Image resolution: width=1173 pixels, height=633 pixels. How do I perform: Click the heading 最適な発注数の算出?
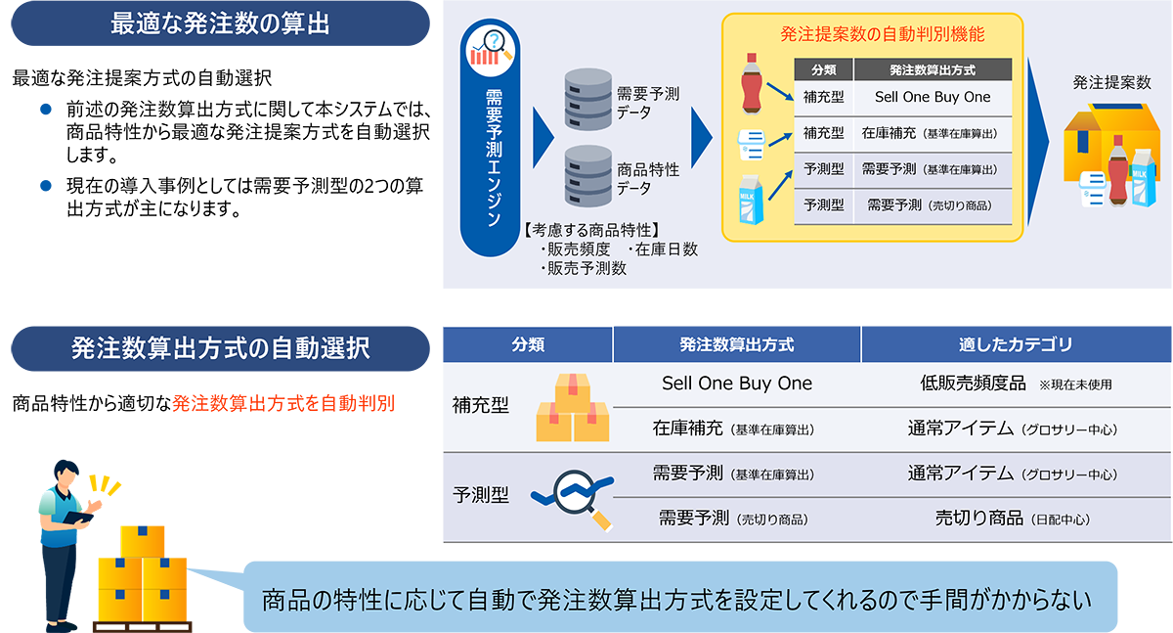pos(220,24)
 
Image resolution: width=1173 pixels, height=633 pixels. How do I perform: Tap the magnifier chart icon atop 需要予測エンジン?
pos(490,51)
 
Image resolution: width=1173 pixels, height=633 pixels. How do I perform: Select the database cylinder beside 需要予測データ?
pos(588,100)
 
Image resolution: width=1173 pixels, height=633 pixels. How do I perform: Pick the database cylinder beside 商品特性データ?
pos(588,176)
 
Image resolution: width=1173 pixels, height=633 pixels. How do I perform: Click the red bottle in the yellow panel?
pos(752,84)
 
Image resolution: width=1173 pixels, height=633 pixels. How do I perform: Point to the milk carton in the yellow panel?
pos(751,200)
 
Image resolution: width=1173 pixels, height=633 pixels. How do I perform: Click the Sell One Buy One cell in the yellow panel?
pos(933,97)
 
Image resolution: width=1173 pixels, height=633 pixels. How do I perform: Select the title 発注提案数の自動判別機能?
pos(883,34)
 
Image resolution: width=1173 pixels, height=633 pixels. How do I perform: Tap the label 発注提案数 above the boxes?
pos(1111,82)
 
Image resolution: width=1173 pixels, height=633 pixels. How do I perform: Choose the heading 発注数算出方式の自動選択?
pos(221,348)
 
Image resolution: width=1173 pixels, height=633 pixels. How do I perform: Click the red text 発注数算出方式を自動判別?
pos(283,403)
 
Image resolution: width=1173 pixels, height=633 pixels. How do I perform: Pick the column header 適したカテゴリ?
pos(1016,344)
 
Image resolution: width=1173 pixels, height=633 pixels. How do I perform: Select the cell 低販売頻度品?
pos(973,384)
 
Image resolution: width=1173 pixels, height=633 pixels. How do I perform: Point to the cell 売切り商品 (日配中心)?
pos(1013,519)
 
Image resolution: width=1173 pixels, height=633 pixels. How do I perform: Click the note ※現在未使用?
pos(1075,385)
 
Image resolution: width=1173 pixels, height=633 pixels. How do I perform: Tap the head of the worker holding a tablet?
pos(66,474)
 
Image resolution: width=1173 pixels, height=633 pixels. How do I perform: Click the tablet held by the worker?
pos(78,518)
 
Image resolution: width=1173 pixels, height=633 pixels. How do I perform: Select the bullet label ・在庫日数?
pos(663,249)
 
